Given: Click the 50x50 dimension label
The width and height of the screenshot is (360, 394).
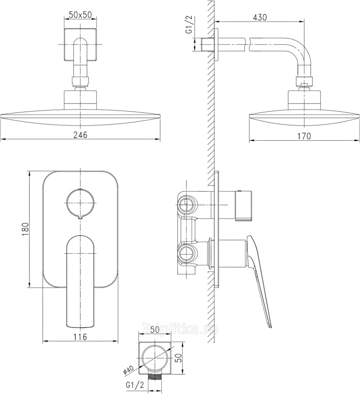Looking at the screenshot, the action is [80, 15].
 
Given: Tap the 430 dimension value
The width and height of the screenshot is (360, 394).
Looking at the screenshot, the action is [260, 17].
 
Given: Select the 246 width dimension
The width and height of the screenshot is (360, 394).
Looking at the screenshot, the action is [80, 135].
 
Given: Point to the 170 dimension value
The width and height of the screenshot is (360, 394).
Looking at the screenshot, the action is [304, 136].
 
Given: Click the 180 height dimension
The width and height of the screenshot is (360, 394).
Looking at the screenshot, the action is [26, 229].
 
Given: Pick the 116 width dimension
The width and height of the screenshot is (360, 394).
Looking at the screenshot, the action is [80, 337].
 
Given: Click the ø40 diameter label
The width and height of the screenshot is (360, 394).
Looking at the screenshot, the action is [129, 370].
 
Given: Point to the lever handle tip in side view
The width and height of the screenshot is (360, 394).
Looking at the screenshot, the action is [270, 326].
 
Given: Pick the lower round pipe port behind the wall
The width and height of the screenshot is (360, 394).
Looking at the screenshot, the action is [186, 254].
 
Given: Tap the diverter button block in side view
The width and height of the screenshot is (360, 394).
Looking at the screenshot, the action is [243, 206].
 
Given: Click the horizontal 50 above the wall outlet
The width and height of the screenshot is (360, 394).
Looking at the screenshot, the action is [155, 329].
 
